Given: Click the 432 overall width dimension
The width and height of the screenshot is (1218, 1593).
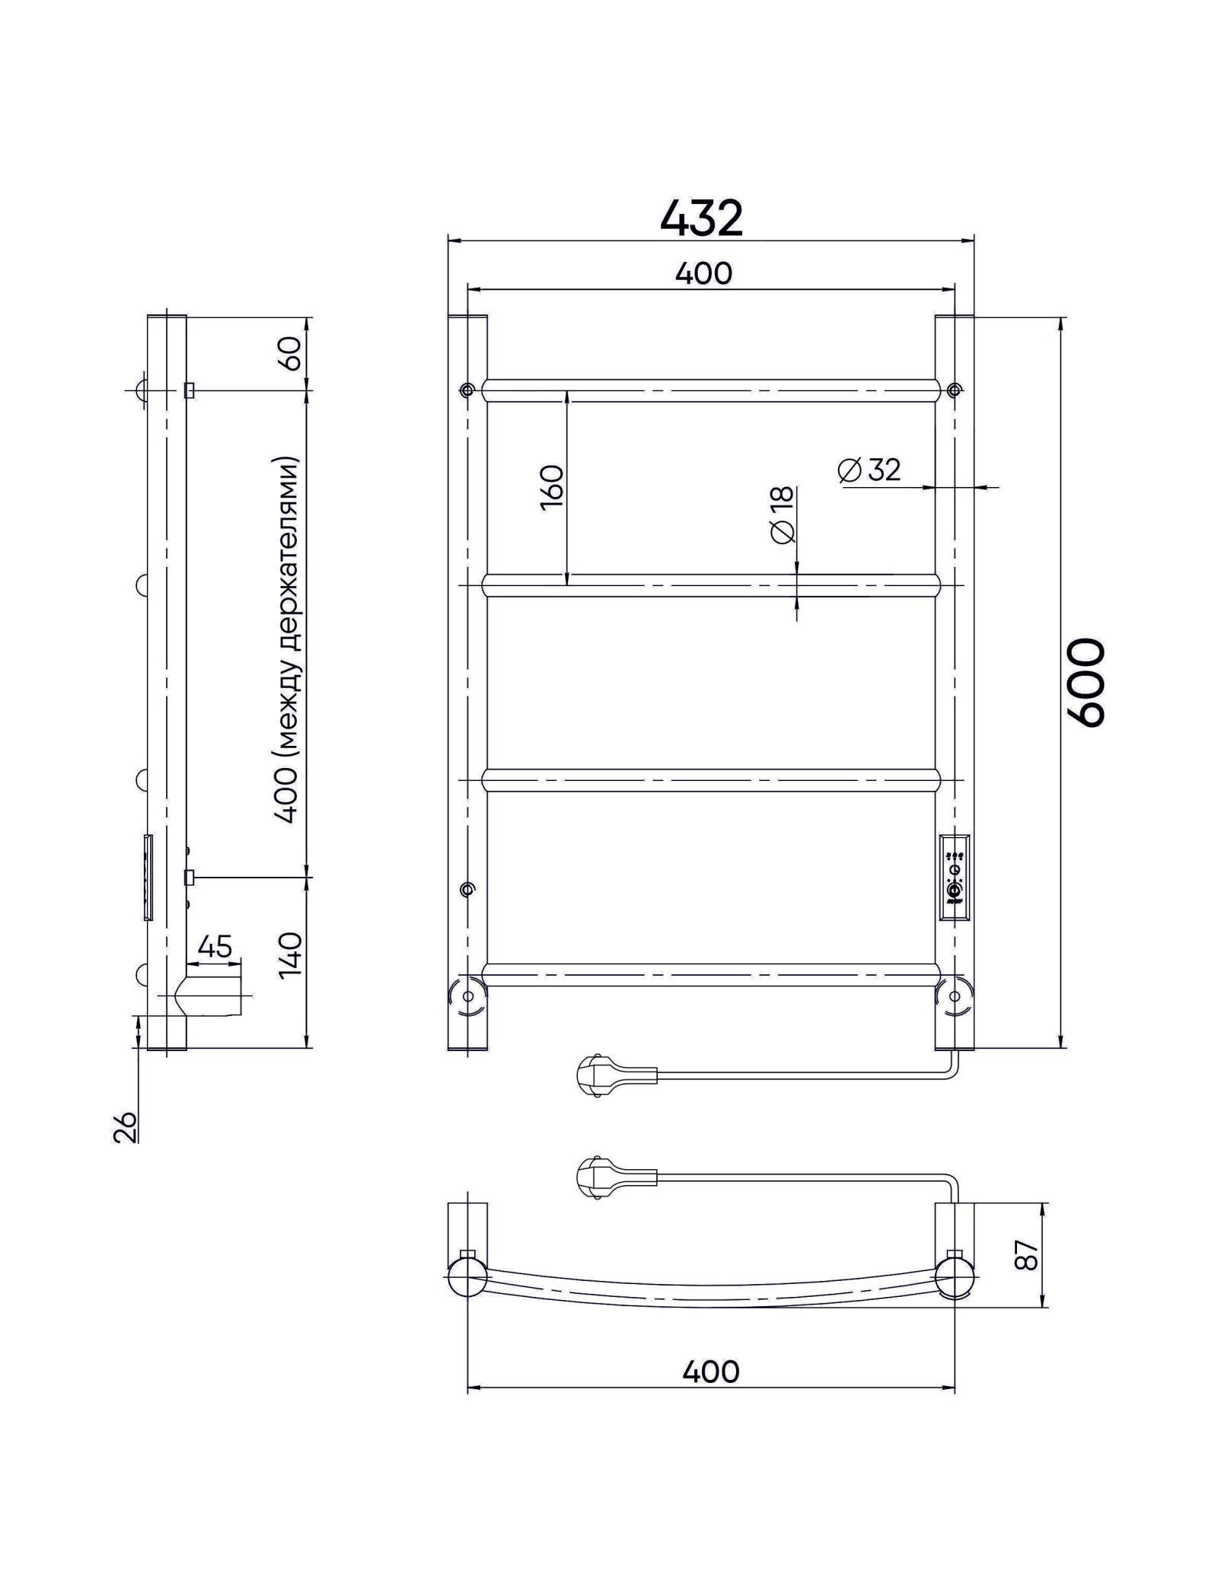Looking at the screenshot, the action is [x=701, y=218].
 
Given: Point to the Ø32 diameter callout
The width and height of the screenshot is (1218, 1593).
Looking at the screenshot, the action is [x=869, y=470].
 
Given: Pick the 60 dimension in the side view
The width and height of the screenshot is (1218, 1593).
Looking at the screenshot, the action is [x=293, y=353].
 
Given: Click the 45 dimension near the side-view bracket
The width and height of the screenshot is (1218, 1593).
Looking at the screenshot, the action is [x=215, y=947].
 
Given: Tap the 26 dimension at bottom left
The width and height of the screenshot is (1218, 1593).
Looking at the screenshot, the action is [x=127, y=1126].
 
